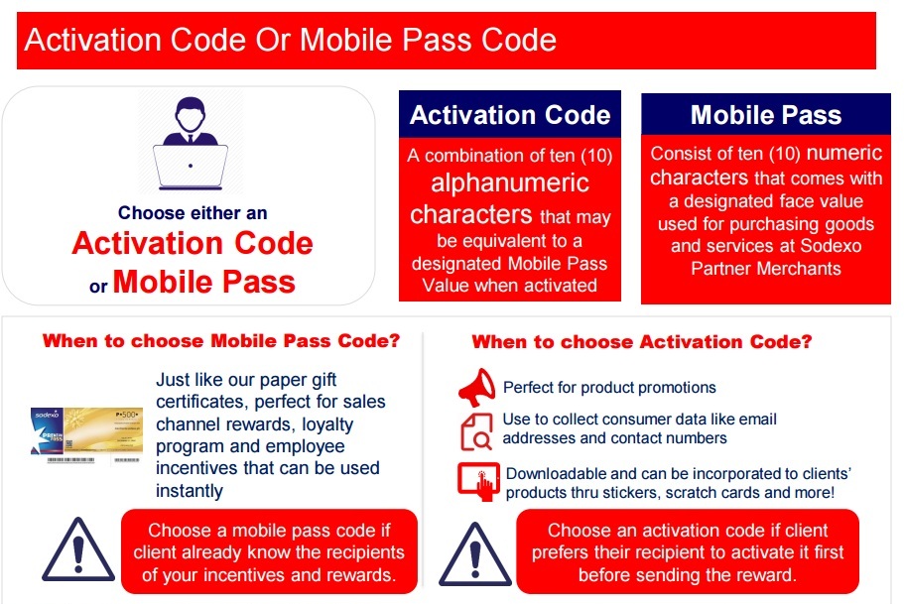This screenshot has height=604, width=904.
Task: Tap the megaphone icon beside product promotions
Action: (477, 386)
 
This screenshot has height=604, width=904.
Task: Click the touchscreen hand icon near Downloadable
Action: (478, 481)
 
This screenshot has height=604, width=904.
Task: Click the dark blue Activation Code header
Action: (510, 115)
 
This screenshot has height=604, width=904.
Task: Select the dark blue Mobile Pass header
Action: (765, 115)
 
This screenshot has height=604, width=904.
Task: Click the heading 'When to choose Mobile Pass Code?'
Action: (220, 341)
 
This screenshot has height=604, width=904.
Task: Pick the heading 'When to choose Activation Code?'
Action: (642, 342)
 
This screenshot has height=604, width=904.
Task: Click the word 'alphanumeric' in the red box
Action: (509, 183)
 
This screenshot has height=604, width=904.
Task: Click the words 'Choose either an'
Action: (193, 212)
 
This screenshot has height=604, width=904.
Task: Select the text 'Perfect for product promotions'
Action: (609, 387)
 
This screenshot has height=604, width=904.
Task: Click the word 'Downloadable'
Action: (556, 474)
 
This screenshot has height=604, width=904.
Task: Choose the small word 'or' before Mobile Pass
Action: (98, 287)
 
